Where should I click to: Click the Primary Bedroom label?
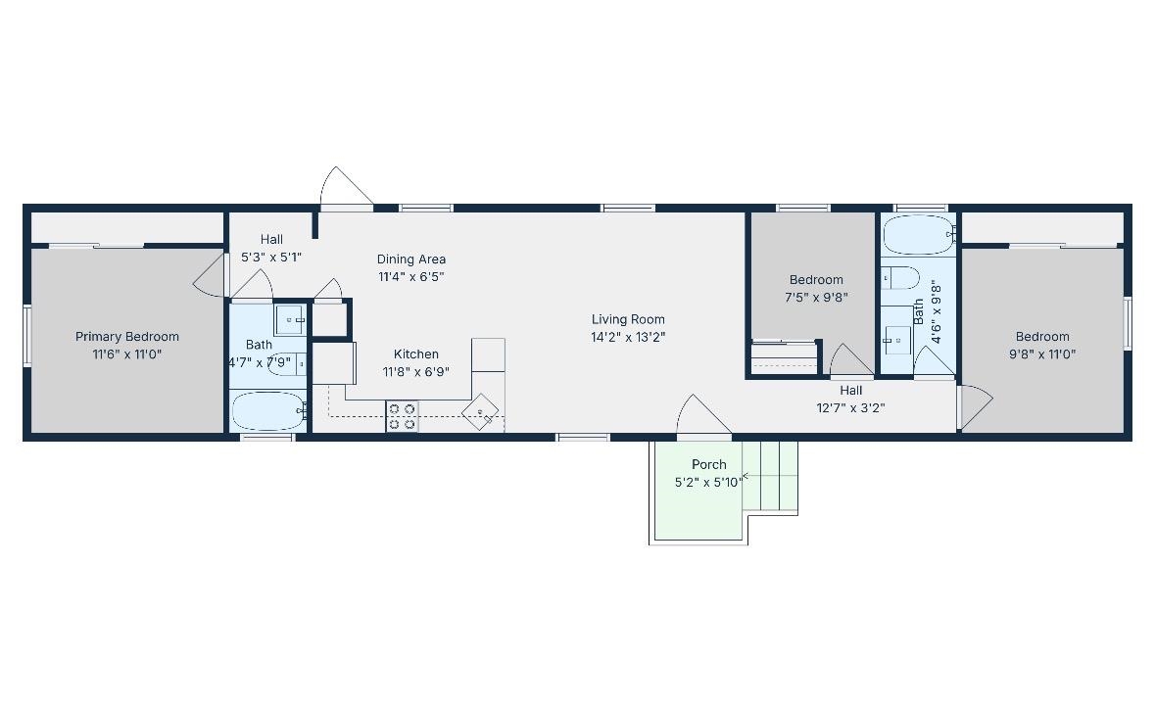(x=127, y=337)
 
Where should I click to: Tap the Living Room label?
(x=628, y=319)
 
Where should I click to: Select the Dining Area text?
(x=411, y=259)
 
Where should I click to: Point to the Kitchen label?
(x=416, y=354)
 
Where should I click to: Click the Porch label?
(x=709, y=465)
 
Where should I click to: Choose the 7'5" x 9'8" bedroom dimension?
(x=816, y=298)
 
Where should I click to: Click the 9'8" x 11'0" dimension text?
(x=1042, y=354)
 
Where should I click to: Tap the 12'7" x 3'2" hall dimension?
(x=850, y=408)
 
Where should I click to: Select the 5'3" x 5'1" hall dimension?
(x=271, y=257)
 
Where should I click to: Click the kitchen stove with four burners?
(x=403, y=416)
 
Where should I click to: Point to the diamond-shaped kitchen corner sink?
(x=480, y=411)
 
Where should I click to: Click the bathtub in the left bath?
(x=268, y=411)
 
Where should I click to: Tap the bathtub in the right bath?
(x=919, y=235)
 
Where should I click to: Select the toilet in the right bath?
(x=901, y=278)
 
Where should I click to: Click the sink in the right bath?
(x=897, y=340)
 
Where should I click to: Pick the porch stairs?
(x=770, y=477)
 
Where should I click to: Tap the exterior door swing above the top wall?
(x=346, y=187)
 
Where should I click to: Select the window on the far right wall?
(x=1128, y=323)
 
